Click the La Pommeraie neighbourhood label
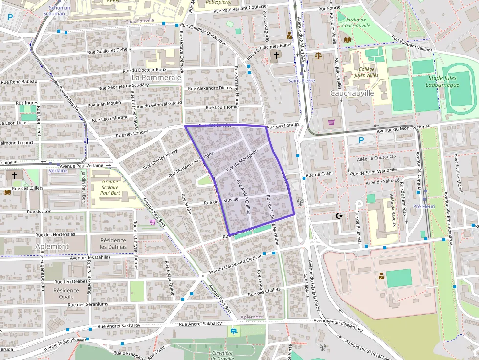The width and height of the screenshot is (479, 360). [x=156, y=77]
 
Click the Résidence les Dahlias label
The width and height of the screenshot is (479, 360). [x=113, y=243]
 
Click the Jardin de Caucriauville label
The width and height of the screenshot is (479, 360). [x=356, y=22]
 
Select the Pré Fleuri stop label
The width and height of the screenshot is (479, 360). [x=424, y=207]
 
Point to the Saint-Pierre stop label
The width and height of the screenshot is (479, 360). [x=302, y=80]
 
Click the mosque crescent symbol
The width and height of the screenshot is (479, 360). [x=338, y=216]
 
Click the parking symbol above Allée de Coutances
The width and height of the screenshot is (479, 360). [x=361, y=140]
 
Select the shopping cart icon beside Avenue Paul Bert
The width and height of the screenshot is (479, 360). [x=152, y=222]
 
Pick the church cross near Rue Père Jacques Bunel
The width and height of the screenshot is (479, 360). [x=276, y=55]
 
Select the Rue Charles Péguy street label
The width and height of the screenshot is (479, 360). [x=160, y=160]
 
